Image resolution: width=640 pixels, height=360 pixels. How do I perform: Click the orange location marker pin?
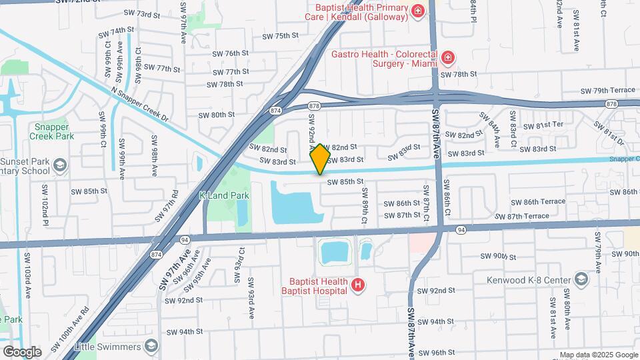pyautogui.click(x=320, y=159)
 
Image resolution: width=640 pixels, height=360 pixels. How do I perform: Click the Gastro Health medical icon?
pyautogui.click(x=448, y=58)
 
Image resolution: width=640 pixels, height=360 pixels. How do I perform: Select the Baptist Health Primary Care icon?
pyautogui.click(x=417, y=11)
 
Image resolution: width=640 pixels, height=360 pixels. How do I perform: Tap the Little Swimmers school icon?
pyautogui.click(x=152, y=346)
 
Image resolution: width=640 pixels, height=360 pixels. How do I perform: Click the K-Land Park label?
pyautogui.click(x=224, y=196)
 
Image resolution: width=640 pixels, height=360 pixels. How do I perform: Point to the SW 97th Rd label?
pyautogui.click(x=166, y=207)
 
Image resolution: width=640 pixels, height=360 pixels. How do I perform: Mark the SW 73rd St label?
pyautogui.click(x=143, y=14)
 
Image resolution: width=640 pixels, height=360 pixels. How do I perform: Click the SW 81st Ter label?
pyautogui.click(x=543, y=125)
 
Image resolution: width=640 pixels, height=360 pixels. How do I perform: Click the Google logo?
pyautogui.click(x=22, y=351)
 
